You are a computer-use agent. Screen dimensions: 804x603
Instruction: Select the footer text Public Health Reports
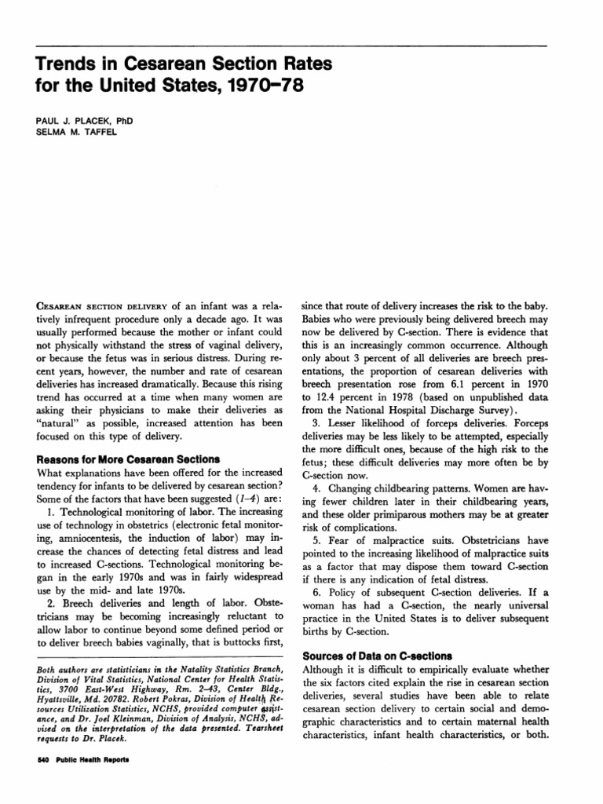coord(81,761)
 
